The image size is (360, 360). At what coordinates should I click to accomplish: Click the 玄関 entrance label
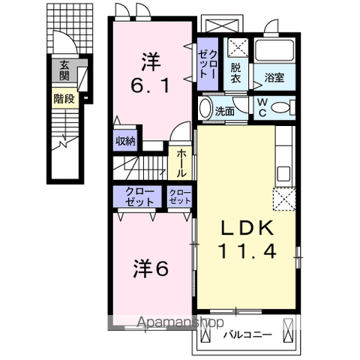coord(64,71)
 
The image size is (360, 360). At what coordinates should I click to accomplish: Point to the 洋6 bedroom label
coord(151,267)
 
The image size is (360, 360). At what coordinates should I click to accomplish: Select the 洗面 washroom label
coord(224,110)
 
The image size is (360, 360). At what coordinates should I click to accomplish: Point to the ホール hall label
coord(182,160)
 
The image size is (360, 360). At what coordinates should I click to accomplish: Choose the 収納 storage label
coord(124,140)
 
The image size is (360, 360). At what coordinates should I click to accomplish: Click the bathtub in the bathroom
coord(275,52)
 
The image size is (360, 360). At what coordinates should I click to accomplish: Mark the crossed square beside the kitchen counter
coord(285,199)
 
